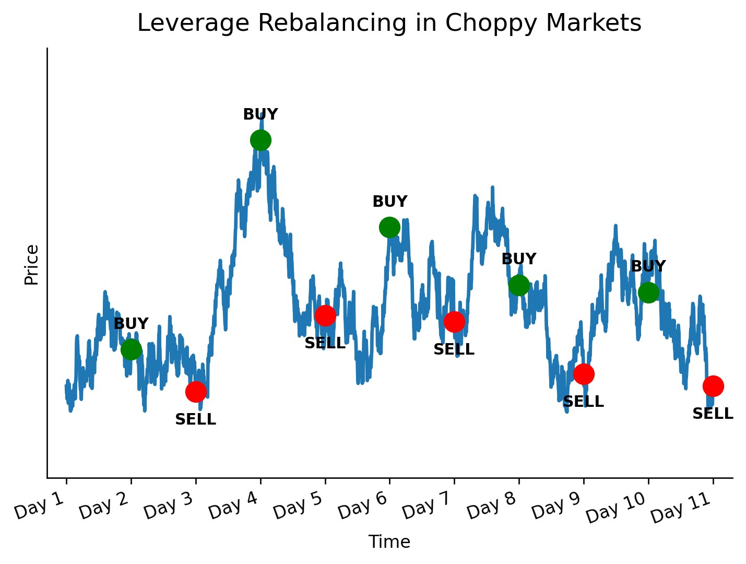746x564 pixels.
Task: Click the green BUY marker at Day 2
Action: point(131,349)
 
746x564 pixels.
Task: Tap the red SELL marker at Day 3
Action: point(196,391)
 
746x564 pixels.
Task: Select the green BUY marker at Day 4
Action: point(260,140)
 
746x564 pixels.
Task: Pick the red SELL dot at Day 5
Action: point(325,315)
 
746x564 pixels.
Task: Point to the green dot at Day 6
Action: point(389,227)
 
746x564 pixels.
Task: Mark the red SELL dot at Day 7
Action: point(454,322)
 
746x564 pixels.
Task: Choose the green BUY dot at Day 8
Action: point(519,285)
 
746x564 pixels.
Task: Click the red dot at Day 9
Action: point(584,374)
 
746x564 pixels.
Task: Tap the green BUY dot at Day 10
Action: point(648,292)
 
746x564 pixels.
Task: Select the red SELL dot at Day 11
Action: point(713,386)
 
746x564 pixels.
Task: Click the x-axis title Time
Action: point(389,542)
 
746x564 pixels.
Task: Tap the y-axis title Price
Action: point(32,265)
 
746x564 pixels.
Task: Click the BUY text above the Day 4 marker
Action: point(260,114)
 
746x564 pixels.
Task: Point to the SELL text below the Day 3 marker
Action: point(196,419)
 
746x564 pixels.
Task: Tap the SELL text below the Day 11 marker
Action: point(713,414)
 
